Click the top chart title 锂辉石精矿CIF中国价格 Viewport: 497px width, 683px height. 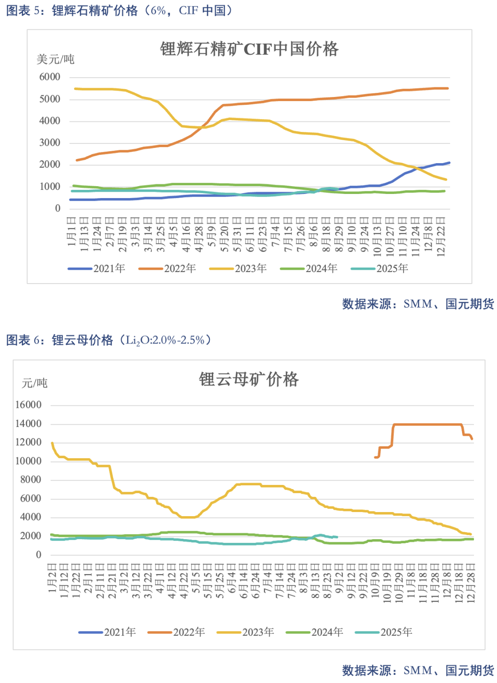click(x=249, y=49)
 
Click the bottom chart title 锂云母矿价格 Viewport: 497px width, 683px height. click(x=248, y=379)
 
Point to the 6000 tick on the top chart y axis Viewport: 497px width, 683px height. click(x=50, y=77)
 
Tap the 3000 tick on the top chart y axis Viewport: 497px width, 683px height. click(x=50, y=143)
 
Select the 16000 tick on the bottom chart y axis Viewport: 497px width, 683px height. click(x=29, y=405)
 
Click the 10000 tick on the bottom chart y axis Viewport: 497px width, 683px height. click(x=29, y=461)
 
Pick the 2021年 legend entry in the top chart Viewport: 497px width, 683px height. click(x=97, y=268)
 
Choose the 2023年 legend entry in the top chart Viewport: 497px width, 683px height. click(x=238, y=268)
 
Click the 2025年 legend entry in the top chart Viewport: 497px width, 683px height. click(x=380, y=268)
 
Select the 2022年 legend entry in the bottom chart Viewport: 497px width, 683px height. click(x=176, y=632)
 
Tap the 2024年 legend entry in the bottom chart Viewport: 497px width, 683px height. click(x=315, y=632)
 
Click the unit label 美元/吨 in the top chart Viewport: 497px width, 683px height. click(x=56, y=59)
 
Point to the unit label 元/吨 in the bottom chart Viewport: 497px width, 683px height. click(x=35, y=383)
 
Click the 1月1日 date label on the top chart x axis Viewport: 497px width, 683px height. click(x=72, y=232)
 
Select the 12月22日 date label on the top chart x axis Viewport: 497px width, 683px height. click(x=441, y=237)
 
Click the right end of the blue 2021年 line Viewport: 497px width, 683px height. click(x=449, y=163)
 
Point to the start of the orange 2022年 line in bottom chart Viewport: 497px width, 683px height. click(x=375, y=457)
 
